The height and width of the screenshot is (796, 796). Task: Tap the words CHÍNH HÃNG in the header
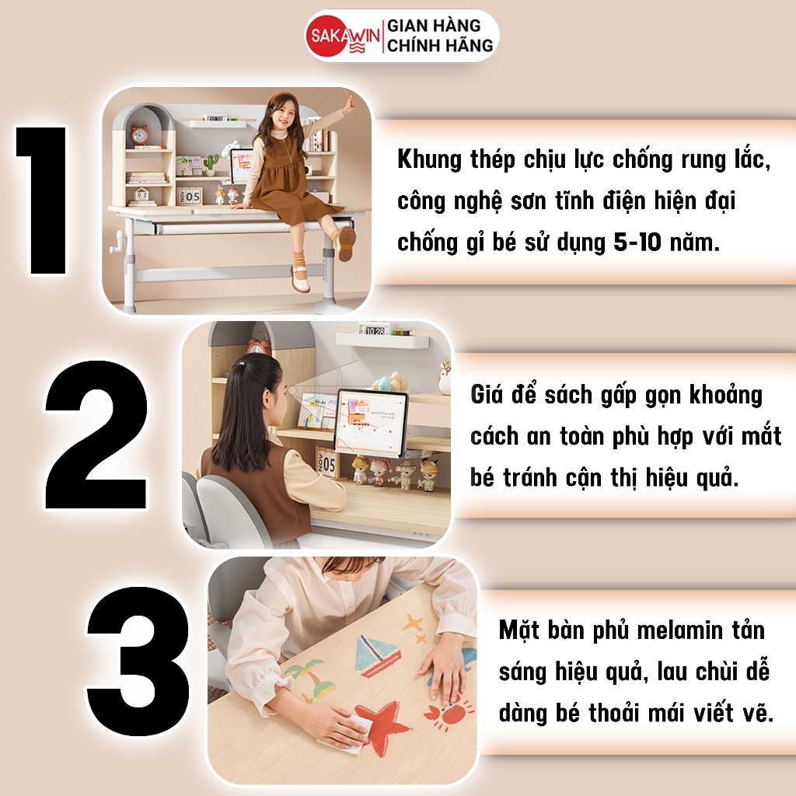tap(440, 46)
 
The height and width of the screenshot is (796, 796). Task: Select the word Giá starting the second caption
tap(486, 395)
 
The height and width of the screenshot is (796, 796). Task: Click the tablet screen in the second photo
tap(371, 421)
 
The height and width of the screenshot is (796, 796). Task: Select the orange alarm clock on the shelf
tap(139, 134)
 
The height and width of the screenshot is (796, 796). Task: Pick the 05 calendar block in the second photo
tap(326, 464)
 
